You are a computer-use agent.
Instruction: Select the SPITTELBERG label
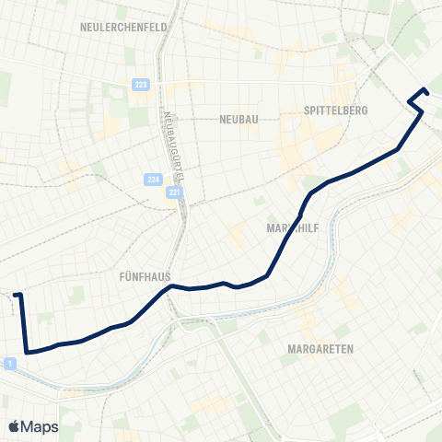tap(336, 110)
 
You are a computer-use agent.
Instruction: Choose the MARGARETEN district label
tap(320, 349)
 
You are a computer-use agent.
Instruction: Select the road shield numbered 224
tap(153, 180)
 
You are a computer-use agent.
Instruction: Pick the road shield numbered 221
tap(175, 194)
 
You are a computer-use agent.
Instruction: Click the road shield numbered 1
tap(9, 365)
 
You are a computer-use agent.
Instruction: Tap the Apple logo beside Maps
tap(14, 426)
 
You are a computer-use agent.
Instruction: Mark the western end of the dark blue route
tap(17, 296)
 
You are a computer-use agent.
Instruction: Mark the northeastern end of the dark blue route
tap(425, 90)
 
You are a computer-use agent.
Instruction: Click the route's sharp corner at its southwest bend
tap(28, 351)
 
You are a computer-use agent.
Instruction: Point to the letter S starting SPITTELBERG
tap(306, 110)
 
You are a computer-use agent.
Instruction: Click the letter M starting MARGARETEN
tap(291, 349)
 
